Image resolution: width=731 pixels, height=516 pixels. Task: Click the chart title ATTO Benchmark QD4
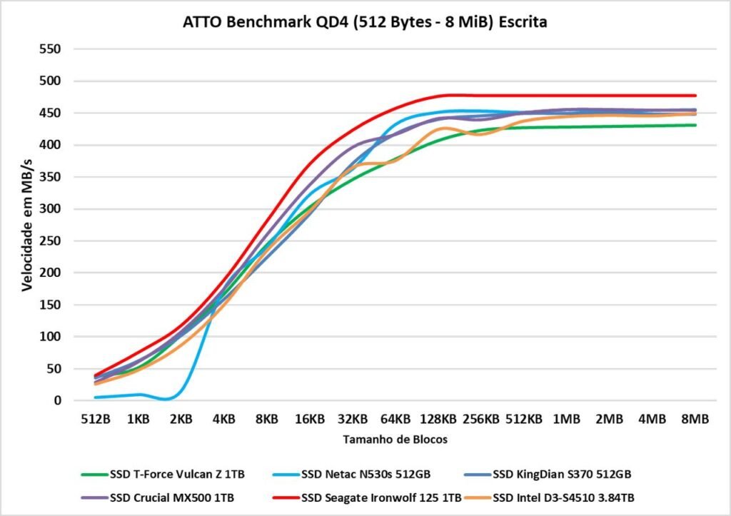point(365,23)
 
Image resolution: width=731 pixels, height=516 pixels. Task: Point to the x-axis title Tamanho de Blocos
point(395,440)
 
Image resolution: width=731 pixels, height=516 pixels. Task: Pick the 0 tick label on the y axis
point(59,400)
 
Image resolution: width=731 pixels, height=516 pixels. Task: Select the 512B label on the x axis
point(96,420)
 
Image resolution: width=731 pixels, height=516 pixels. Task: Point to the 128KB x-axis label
point(438,420)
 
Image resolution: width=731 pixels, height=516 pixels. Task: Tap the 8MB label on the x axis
point(695,420)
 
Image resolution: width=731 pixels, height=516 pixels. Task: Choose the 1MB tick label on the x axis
point(567,420)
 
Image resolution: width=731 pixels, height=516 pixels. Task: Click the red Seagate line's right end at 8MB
point(695,96)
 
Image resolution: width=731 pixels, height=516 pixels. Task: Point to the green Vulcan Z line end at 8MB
point(695,125)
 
